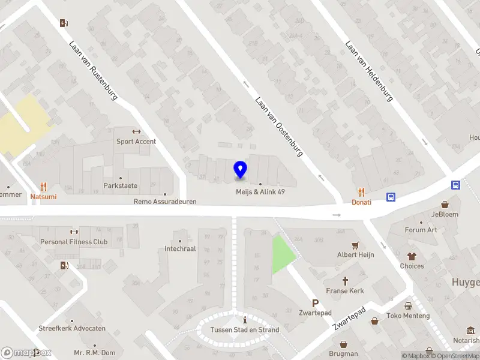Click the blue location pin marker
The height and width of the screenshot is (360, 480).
click(x=241, y=170)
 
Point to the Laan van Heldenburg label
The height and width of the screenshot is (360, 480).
click(x=368, y=71)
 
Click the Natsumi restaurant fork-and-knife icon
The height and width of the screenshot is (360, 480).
click(x=43, y=187)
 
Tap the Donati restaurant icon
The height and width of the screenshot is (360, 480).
click(x=361, y=192)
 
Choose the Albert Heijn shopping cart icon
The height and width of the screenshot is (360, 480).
click(x=355, y=245)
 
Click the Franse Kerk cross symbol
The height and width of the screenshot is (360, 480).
click(x=346, y=281)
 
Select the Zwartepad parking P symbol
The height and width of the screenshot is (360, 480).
click(x=315, y=304)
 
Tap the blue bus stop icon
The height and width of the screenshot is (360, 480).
click(x=391, y=196)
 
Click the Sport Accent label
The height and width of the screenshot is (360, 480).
click(x=136, y=142)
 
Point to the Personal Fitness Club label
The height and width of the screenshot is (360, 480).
click(x=74, y=242)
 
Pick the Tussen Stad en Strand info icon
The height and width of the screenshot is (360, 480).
click(x=244, y=320)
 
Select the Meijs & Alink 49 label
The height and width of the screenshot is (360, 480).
click(x=260, y=192)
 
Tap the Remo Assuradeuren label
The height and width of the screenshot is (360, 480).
click(x=165, y=202)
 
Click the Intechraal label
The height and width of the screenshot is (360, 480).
click(x=180, y=248)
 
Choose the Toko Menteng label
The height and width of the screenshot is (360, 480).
click(x=408, y=316)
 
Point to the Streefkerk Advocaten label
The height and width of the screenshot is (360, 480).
click(x=72, y=328)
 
